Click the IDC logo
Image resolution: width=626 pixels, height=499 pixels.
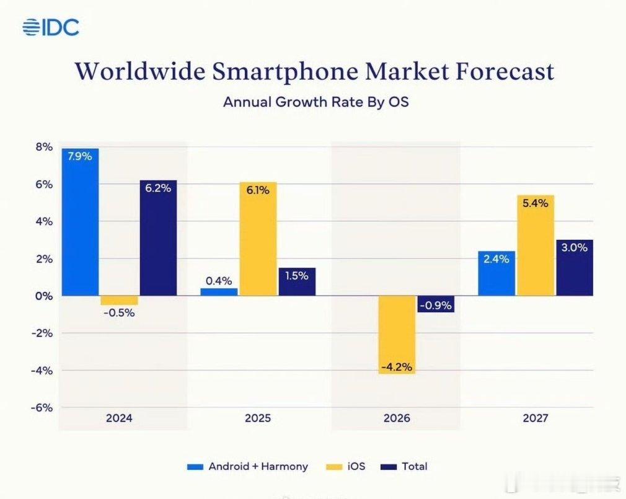point(51,27)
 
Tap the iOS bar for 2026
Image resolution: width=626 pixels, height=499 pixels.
point(397,335)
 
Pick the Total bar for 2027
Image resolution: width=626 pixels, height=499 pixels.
point(575,268)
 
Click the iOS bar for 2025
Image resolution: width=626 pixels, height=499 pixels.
point(258,239)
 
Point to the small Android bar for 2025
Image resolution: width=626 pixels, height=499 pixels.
point(219,292)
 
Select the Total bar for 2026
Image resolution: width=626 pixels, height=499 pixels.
point(436,304)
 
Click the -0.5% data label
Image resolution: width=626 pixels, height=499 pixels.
point(118,312)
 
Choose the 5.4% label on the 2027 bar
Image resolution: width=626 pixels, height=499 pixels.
point(535,203)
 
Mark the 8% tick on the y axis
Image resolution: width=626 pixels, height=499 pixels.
point(44,147)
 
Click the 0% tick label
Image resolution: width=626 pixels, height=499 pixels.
point(44,296)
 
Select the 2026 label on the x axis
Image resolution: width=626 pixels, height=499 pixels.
point(397,418)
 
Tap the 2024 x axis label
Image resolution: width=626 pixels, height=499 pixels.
point(119,418)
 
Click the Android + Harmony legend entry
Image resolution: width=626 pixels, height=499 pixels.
point(248,466)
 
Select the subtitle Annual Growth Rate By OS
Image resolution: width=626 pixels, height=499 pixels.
point(315,102)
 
